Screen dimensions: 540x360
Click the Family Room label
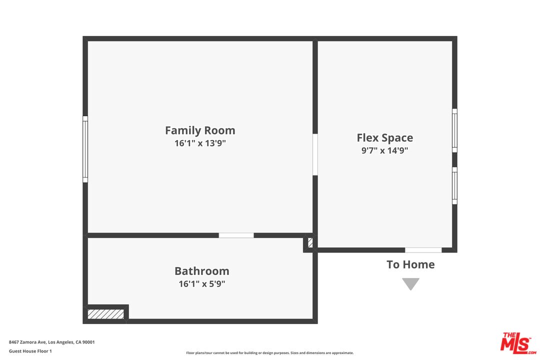click(200, 130)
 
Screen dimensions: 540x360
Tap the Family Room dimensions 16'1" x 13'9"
click(200, 143)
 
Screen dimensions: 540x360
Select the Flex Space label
click(384, 138)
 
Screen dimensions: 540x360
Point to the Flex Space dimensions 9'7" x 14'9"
click(384, 150)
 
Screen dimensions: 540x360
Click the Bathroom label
click(202, 271)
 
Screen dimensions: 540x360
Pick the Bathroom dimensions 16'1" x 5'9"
click(202, 283)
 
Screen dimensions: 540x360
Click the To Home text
click(410, 264)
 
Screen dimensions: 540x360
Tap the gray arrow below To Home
click(410, 283)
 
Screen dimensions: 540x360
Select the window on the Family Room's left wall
click(85, 149)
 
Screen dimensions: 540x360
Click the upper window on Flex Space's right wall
click(454, 130)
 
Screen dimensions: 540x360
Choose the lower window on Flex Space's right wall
click(454, 185)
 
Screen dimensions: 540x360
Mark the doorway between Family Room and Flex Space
click(315, 154)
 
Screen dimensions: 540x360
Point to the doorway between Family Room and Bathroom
click(236, 235)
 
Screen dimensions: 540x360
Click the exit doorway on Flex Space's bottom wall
click(423, 250)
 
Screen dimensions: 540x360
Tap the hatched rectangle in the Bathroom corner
click(105, 314)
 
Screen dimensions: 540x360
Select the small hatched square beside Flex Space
click(310, 242)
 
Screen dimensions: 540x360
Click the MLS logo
click(518, 343)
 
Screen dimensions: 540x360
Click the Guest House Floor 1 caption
click(30, 351)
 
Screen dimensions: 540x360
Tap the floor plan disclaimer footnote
click(269, 353)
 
